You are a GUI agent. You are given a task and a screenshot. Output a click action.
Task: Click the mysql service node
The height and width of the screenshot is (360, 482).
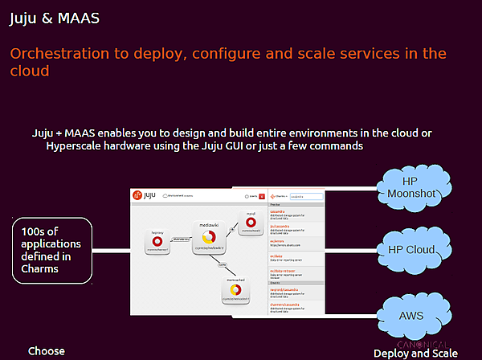click(x=251, y=221)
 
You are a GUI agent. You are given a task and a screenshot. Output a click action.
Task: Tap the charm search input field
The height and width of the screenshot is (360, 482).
click(x=305, y=195)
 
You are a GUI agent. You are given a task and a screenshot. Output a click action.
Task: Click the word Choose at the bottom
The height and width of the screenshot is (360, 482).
click(x=46, y=351)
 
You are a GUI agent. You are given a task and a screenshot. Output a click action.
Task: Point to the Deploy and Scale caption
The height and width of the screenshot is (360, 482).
click(x=415, y=354)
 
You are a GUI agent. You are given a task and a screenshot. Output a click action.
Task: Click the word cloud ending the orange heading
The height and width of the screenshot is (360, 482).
click(x=30, y=71)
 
